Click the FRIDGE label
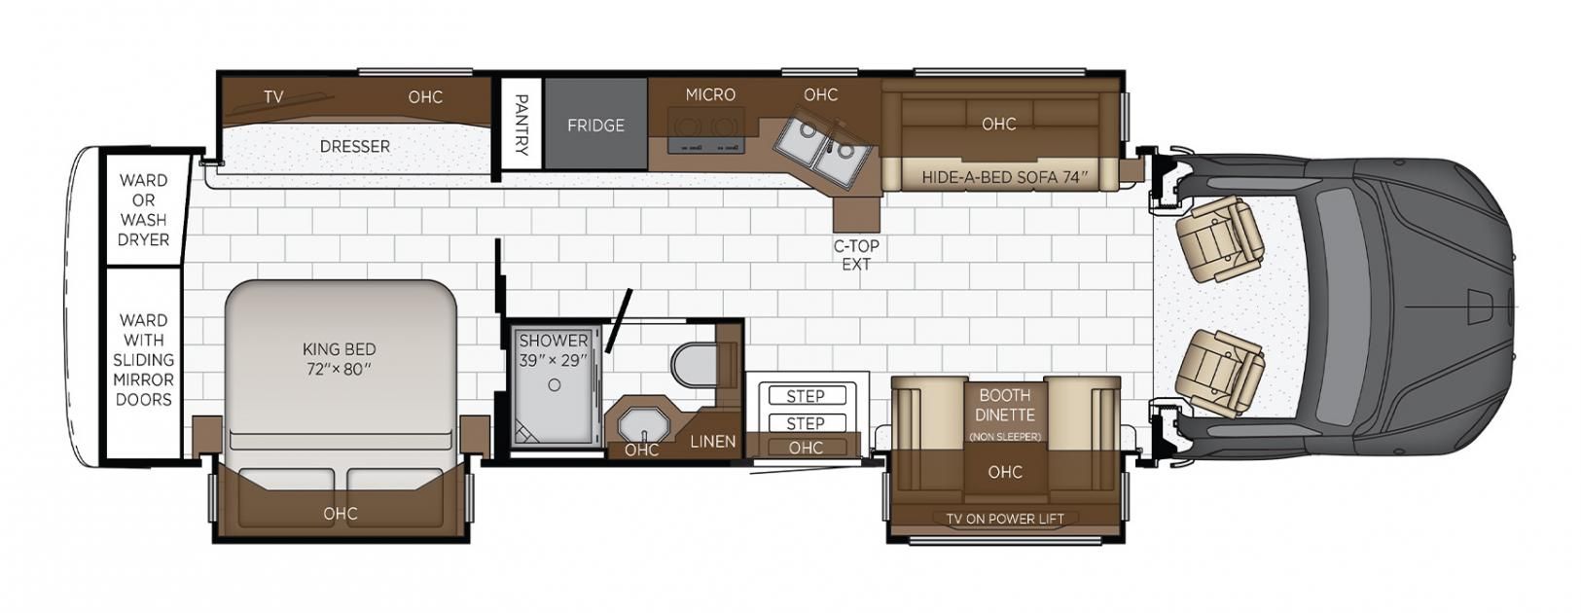point(595,126)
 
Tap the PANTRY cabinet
point(521,124)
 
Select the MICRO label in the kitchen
point(710,94)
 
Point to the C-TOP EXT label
point(856,255)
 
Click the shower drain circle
point(555,385)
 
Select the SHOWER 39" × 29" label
point(554,350)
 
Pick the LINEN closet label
point(713,442)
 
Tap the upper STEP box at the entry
point(806,395)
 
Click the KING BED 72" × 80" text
point(340,359)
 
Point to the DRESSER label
point(355,146)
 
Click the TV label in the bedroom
point(273,97)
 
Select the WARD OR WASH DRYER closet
point(144,210)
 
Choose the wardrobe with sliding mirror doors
point(143,361)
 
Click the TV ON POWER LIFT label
point(1005,519)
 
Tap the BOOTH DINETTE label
point(1005,405)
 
